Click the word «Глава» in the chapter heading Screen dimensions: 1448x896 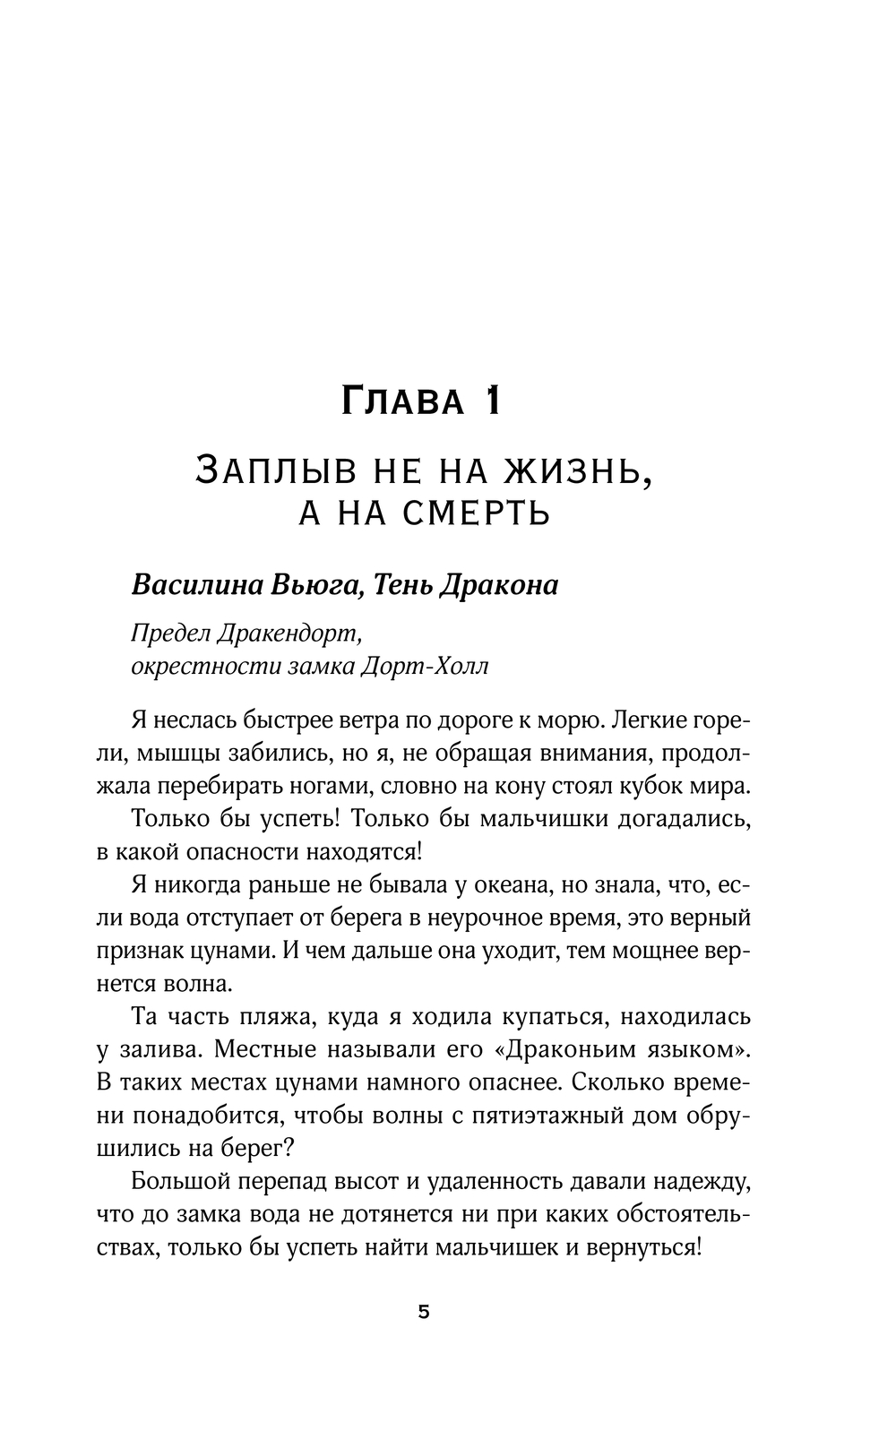coord(403,402)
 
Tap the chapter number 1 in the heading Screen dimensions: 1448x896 coord(490,402)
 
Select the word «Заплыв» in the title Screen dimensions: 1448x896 coord(254,469)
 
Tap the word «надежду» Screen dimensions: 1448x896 coord(695,1182)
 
